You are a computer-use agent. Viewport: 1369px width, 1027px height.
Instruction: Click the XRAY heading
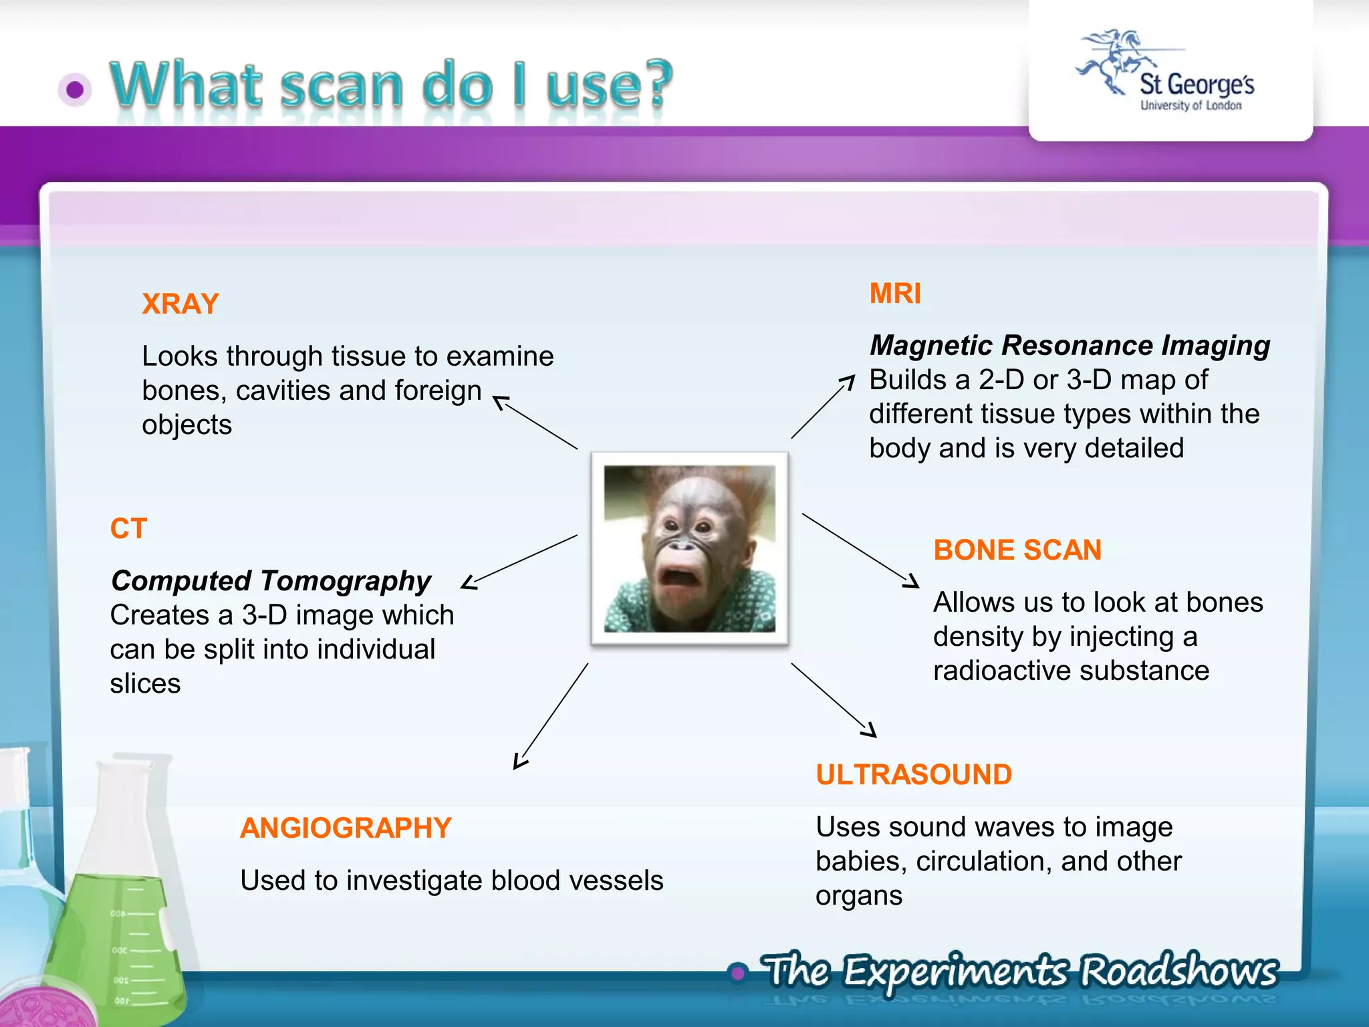coord(180,304)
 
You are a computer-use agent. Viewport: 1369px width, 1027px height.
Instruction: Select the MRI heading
coord(895,294)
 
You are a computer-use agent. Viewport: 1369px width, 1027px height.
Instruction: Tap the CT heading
coord(128,529)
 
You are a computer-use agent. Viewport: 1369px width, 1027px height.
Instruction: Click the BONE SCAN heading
coord(1017,550)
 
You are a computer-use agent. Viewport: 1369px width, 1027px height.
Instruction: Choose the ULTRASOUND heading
coord(914,775)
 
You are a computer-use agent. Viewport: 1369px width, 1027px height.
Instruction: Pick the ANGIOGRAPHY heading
coord(346,828)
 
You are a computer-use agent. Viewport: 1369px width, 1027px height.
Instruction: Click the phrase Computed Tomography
coord(271,581)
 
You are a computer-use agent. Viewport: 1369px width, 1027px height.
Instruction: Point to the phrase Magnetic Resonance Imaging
coord(1070,346)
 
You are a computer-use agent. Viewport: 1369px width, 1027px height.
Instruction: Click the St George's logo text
coord(1197,86)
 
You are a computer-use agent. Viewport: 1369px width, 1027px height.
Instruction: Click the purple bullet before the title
coord(75,90)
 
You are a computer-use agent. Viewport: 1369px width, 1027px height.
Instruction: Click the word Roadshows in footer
coord(1179,971)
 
